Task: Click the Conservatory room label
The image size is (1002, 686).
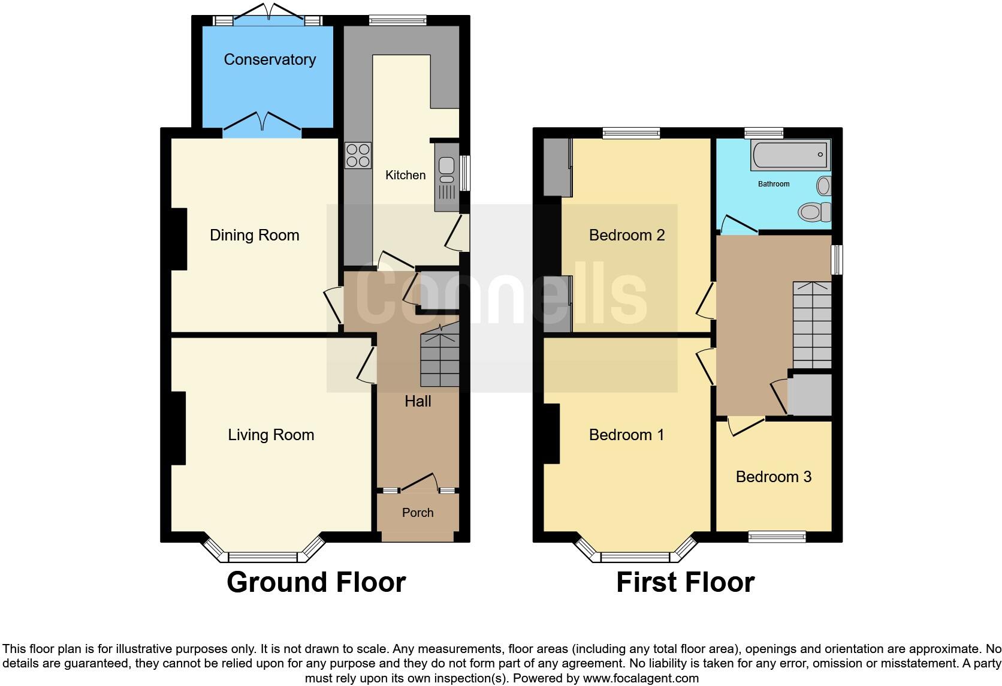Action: click(x=270, y=59)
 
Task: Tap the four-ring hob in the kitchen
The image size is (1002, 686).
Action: click(x=358, y=155)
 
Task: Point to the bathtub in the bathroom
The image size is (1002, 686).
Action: click(x=790, y=154)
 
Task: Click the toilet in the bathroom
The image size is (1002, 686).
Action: click(x=814, y=211)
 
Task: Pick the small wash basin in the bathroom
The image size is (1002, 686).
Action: click(x=824, y=186)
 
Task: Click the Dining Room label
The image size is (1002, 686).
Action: click(x=254, y=235)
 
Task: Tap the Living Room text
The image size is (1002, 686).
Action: click(x=271, y=435)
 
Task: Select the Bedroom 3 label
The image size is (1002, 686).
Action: click(x=773, y=477)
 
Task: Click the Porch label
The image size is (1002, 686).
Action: click(x=418, y=513)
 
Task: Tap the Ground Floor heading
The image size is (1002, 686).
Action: click(x=316, y=582)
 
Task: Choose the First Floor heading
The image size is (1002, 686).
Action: click(x=685, y=582)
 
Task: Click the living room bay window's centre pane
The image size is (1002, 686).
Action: click(x=263, y=557)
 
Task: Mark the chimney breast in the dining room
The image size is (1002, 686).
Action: click(x=179, y=239)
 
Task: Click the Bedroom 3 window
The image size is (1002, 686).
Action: click(x=777, y=537)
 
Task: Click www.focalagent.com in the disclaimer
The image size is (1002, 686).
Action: click(x=640, y=679)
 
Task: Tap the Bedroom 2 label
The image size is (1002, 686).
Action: click(x=627, y=235)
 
